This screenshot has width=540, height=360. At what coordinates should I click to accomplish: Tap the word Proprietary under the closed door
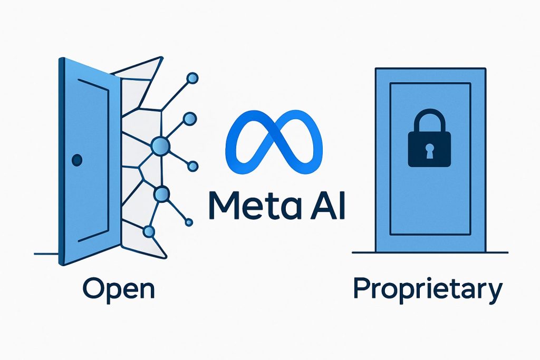[x=428, y=290]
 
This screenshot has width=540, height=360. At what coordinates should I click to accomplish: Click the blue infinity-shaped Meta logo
[x=274, y=142]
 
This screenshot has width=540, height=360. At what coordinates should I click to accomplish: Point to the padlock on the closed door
[x=429, y=138]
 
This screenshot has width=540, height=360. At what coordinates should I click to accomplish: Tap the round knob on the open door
[x=77, y=160]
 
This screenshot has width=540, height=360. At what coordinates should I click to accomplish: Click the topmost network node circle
[x=192, y=78]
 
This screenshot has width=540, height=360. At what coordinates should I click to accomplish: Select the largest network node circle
[x=160, y=146]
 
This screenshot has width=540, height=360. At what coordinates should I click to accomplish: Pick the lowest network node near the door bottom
[x=149, y=231]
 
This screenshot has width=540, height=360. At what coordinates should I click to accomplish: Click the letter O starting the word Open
[x=93, y=289]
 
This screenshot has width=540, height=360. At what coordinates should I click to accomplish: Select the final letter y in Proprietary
[x=495, y=293]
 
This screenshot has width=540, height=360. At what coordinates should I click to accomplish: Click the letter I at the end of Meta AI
[x=342, y=206]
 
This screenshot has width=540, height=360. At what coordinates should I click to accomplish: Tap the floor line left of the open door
[x=46, y=254]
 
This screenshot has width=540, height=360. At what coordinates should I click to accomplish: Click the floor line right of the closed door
[x=497, y=252]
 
